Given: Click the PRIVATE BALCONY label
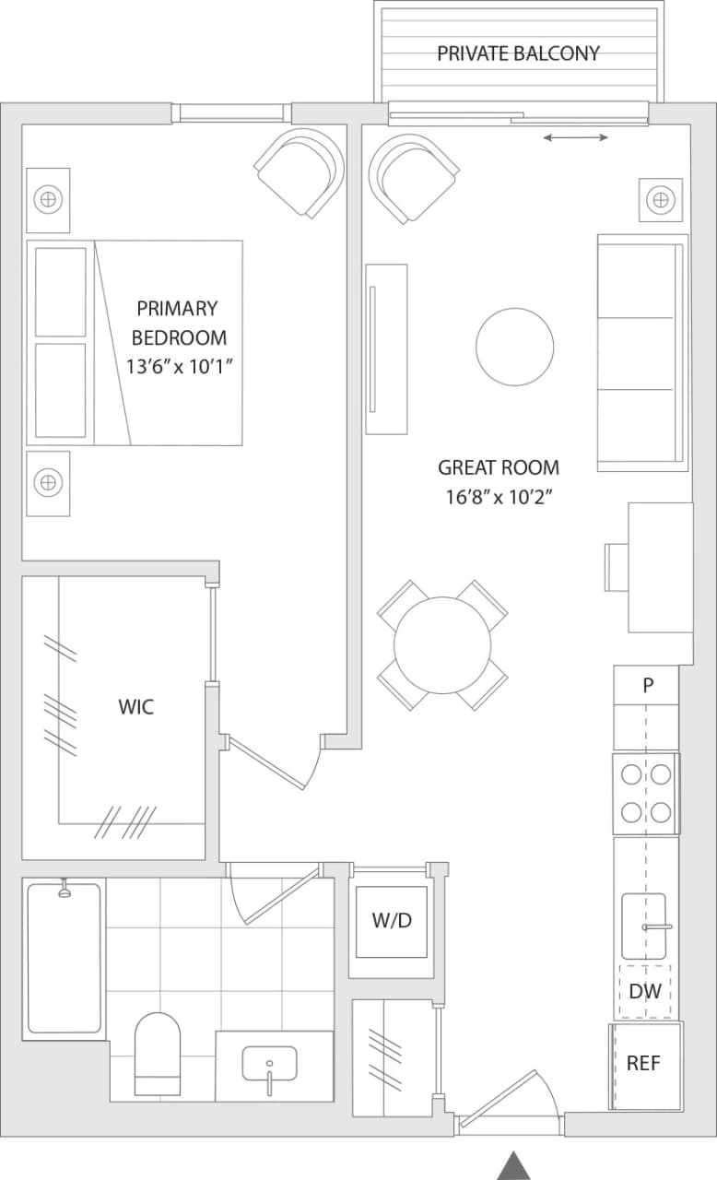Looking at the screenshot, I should coord(518,53).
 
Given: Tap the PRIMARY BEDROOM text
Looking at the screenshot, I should coord(178,322).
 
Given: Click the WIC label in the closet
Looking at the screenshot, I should coord(135,707).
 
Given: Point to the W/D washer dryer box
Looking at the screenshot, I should coord(392,921).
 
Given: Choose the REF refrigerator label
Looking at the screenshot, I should coord(643,1063).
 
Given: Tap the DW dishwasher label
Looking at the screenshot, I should coord(644,992).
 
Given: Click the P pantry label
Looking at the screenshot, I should coord(648,685).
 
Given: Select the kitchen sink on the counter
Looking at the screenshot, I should coord(644,926).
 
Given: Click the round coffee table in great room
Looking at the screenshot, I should coord(514,347).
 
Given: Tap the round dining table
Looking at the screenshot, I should coord(442,644).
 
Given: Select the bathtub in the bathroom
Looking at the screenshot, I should coord(64,958).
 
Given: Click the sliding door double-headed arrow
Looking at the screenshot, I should coord(575,138).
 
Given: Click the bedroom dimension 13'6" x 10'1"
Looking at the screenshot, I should coord(178,366).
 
